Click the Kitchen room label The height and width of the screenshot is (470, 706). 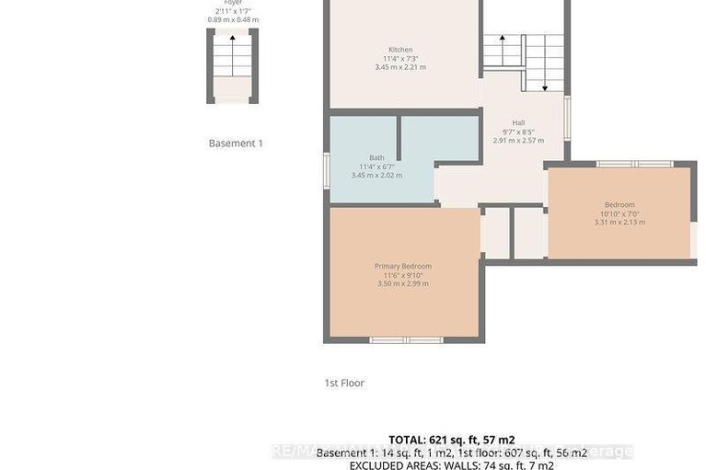(x=400, y=50)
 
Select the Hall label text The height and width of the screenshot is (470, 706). (x=518, y=123)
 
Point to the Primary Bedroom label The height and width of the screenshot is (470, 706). (x=402, y=266)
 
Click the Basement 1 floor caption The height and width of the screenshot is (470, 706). (x=236, y=143)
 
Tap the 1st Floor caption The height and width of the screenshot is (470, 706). (x=344, y=383)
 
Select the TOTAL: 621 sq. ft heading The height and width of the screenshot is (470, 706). (x=451, y=440)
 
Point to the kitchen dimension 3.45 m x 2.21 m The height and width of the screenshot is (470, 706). (x=400, y=67)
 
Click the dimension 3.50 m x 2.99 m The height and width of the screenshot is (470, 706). (x=402, y=283)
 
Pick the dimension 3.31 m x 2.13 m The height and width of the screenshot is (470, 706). (x=619, y=222)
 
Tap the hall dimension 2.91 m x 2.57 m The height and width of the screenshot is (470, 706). (x=518, y=141)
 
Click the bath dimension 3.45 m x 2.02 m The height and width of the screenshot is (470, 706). (x=376, y=175)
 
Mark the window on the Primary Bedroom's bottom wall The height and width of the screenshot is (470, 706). (x=406, y=339)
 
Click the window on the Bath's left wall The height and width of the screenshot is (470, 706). (x=326, y=170)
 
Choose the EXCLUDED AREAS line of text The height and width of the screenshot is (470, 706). (x=451, y=465)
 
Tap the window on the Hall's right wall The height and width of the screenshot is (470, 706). (x=566, y=118)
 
